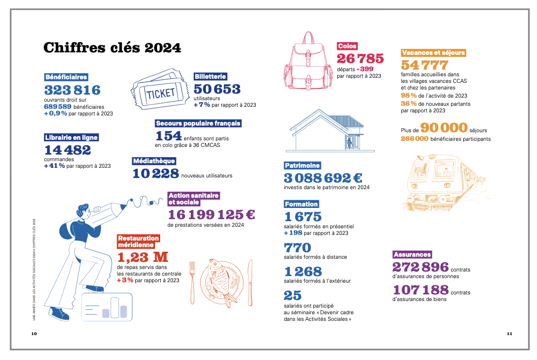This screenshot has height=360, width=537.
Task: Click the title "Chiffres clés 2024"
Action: (x=112, y=48)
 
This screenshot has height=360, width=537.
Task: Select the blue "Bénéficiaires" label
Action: (x=66, y=77)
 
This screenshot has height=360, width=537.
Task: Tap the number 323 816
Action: (x=72, y=90)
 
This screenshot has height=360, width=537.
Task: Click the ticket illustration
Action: (x=160, y=89)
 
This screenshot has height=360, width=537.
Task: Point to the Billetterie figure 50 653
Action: (x=217, y=89)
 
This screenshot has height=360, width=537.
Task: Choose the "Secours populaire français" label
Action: (x=198, y=124)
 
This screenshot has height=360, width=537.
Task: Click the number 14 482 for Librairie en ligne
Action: (x=68, y=149)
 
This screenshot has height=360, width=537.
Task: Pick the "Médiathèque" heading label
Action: (x=154, y=161)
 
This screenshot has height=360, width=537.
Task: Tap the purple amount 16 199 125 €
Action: (x=212, y=215)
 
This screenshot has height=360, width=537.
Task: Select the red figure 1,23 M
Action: (x=143, y=257)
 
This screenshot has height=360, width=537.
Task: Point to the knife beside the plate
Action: (x=250, y=283)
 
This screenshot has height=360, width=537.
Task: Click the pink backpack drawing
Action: (x=308, y=61)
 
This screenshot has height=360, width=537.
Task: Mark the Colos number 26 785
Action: (x=360, y=58)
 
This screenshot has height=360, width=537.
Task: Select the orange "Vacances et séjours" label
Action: (x=434, y=53)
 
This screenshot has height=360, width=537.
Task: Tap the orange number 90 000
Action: (x=444, y=128)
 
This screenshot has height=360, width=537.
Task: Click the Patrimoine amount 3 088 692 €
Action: (x=323, y=178)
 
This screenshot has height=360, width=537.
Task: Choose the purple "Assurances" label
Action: (x=412, y=255)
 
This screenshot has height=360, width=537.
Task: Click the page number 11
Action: (x=509, y=334)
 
